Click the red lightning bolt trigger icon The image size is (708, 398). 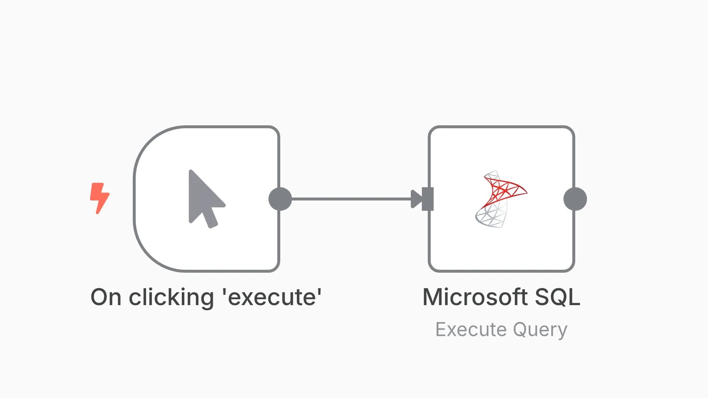point(100,198)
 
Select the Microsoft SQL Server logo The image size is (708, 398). point(501,199)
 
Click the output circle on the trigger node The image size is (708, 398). point(280,199)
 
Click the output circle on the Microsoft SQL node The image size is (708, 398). point(575,199)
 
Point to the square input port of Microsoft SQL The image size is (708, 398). point(428,199)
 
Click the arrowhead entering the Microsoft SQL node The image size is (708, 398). point(416,199)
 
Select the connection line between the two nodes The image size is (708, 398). point(350,199)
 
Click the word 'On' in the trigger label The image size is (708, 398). point(106,297)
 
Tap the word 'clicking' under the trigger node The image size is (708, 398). point(171,297)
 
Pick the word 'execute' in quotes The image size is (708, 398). point(272,297)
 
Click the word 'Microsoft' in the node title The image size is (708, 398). point(475,297)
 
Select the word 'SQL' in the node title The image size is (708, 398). point(558,297)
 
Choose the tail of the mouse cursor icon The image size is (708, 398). point(212,219)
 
